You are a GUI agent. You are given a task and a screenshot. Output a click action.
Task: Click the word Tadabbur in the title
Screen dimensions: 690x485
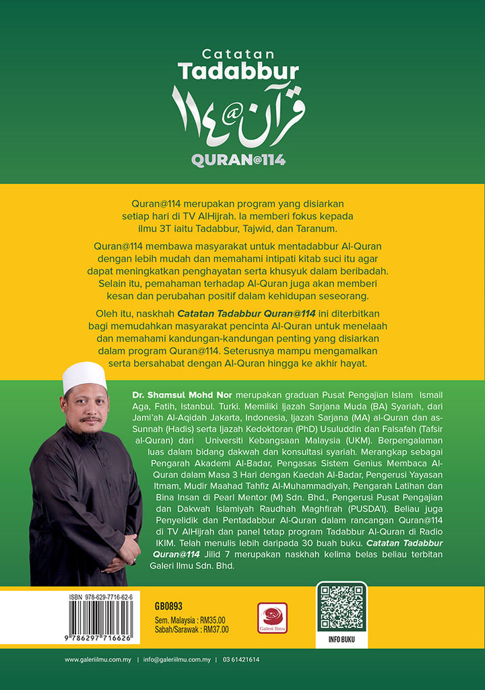click(238, 71)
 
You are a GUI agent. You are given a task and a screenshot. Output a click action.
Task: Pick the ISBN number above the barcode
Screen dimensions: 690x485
click(101, 597)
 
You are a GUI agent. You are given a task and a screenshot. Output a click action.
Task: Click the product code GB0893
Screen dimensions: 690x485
click(168, 606)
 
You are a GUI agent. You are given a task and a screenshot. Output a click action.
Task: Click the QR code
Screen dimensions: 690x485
click(342, 607)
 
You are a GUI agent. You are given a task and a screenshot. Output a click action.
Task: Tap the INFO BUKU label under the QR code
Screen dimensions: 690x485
click(342, 639)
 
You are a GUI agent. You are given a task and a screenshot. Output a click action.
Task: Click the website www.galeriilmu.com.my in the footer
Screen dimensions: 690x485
click(98, 660)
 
